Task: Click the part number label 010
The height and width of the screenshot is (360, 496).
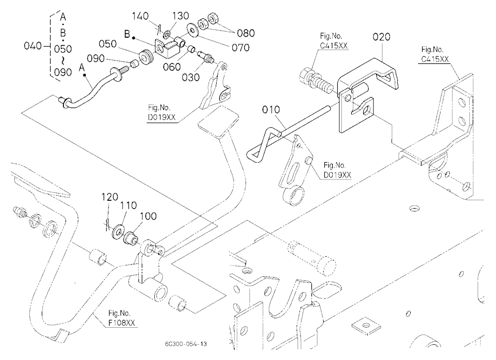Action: [x=271, y=110]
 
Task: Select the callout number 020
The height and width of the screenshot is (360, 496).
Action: [x=381, y=37]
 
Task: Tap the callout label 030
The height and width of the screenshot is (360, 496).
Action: [x=191, y=77]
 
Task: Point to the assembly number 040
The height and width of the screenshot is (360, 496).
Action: [x=33, y=46]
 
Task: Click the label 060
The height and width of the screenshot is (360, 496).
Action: [x=172, y=67]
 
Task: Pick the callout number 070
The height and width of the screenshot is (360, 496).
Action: [x=241, y=48]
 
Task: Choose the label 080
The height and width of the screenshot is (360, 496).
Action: [x=246, y=33]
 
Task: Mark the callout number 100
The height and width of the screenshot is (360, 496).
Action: [x=148, y=216]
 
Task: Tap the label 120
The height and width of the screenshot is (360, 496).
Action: [x=110, y=197]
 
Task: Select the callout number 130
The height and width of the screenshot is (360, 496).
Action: [x=181, y=16]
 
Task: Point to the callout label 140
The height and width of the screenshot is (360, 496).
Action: [x=140, y=16]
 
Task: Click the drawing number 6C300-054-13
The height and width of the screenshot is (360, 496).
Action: [x=186, y=344]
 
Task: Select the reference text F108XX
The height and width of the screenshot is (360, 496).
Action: [x=122, y=323]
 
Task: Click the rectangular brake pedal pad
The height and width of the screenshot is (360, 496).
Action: [x=218, y=122]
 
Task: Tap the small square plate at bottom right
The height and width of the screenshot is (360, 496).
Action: [x=366, y=325]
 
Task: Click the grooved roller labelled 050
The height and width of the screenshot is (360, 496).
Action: [x=147, y=57]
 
